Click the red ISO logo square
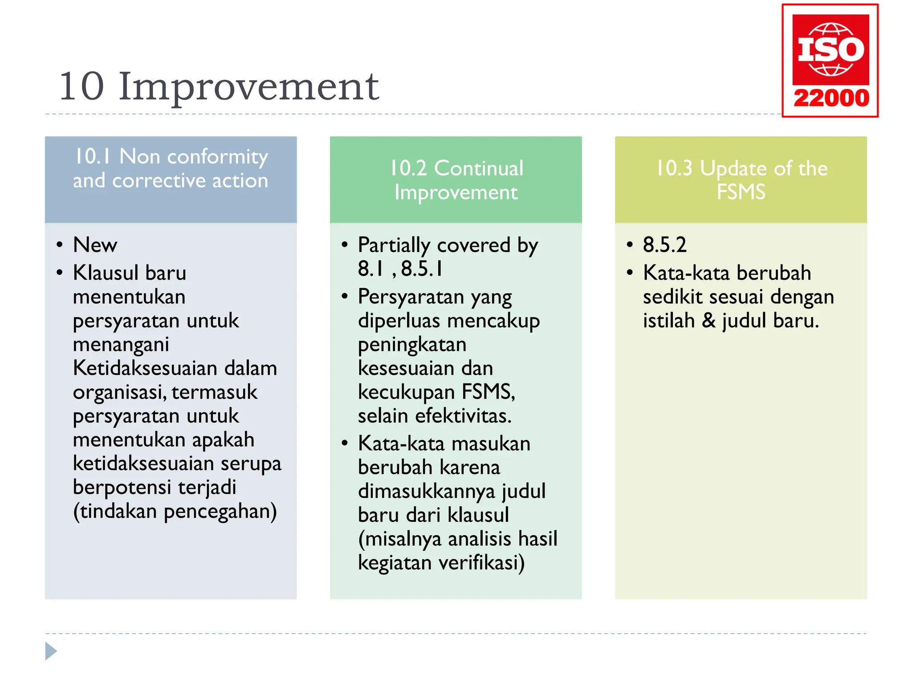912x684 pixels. [831, 49]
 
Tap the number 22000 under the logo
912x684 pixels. [831, 98]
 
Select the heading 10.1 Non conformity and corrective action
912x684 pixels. [171, 169]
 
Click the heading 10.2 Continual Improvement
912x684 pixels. [456, 180]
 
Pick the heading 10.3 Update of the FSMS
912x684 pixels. [741, 180]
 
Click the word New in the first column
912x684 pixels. [95, 245]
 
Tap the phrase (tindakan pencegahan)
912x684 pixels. [175, 511]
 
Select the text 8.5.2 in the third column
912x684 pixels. [664, 245]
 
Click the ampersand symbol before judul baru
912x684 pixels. [708, 321]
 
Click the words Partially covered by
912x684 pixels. [448, 245]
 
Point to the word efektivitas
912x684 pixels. [463, 416]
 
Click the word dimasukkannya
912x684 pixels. [427, 491]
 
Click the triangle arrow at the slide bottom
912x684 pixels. [51, 651]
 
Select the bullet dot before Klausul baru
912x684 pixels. [60, 273]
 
